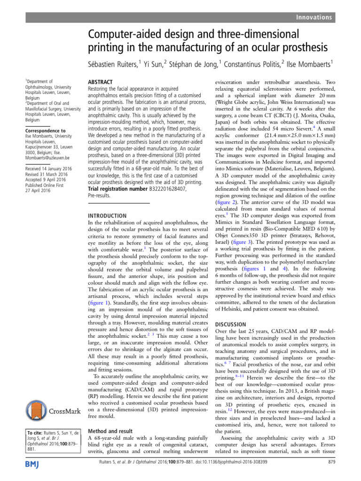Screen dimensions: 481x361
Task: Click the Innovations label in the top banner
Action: click(x=314, y=17)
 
